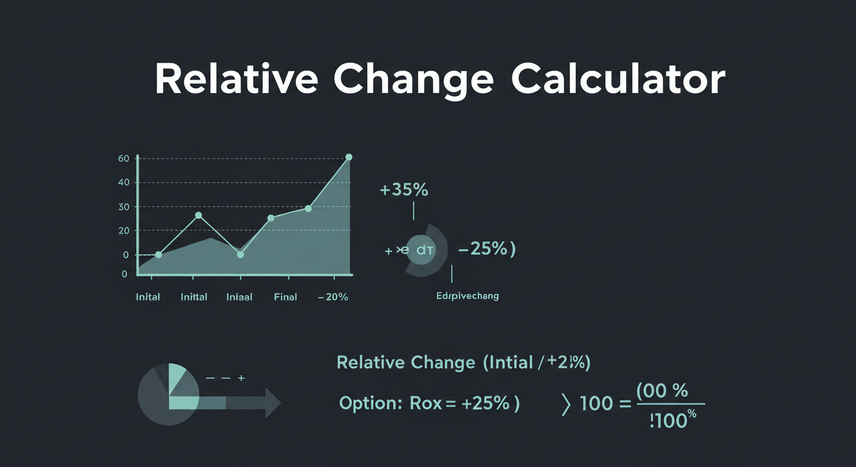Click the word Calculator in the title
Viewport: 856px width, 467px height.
(618, 79)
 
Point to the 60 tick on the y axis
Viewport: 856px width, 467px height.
(124, 159)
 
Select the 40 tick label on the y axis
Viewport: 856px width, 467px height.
(124, 182)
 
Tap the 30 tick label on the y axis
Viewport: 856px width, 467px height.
(124, 207)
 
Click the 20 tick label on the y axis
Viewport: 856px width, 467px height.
(124, 230)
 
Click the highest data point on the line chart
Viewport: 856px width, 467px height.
(348, 157)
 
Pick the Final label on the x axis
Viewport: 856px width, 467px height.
(285, 297)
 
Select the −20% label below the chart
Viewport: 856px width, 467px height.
(333, 297)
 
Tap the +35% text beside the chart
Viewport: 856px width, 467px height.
(404, 190)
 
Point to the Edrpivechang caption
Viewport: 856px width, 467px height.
(467, 296)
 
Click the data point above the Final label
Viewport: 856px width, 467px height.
(271, 218)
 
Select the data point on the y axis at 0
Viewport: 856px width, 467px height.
(159, 255)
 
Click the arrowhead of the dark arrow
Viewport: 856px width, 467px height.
(272, 403)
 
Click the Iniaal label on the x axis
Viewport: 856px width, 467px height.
(239, 297)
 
